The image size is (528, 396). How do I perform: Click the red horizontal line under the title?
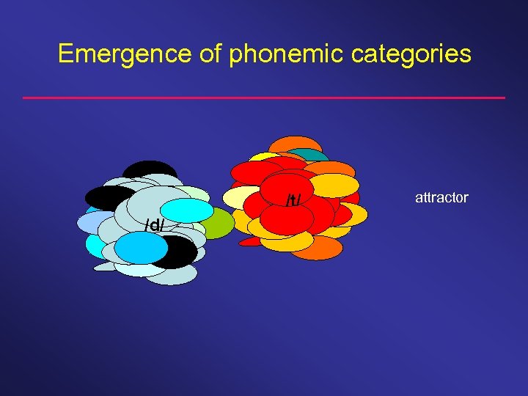click(x=264, y=98)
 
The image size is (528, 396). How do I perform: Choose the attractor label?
click(x=441, y=197)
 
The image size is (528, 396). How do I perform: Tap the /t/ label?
click(x=293, y=199)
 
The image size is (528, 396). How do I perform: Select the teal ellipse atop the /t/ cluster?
click(x=314, y=156)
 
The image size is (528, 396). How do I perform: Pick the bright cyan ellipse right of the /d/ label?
click(x=191, y=210)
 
